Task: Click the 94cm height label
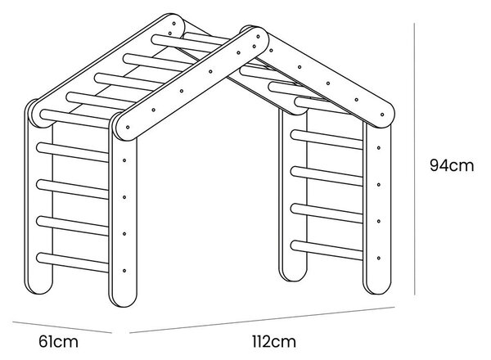(452, 165)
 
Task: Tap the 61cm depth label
(58, 341)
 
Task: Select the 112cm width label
(273, 341)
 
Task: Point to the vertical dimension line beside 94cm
(415, 159)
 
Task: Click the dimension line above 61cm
(62, 327)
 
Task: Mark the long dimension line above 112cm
(262, 320)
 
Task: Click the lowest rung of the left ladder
(73, 263)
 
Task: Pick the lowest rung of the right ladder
(327, 250)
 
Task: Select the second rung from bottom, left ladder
(73, 226)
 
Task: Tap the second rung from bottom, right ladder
(327, 214)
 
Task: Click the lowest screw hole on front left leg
(124, 271)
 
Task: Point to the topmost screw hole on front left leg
(124, 160)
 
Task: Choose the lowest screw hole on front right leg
(379, 259)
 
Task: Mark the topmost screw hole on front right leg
(379, 148)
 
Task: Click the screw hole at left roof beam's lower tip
(128, 128)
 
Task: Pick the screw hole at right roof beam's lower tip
(382, 115)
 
